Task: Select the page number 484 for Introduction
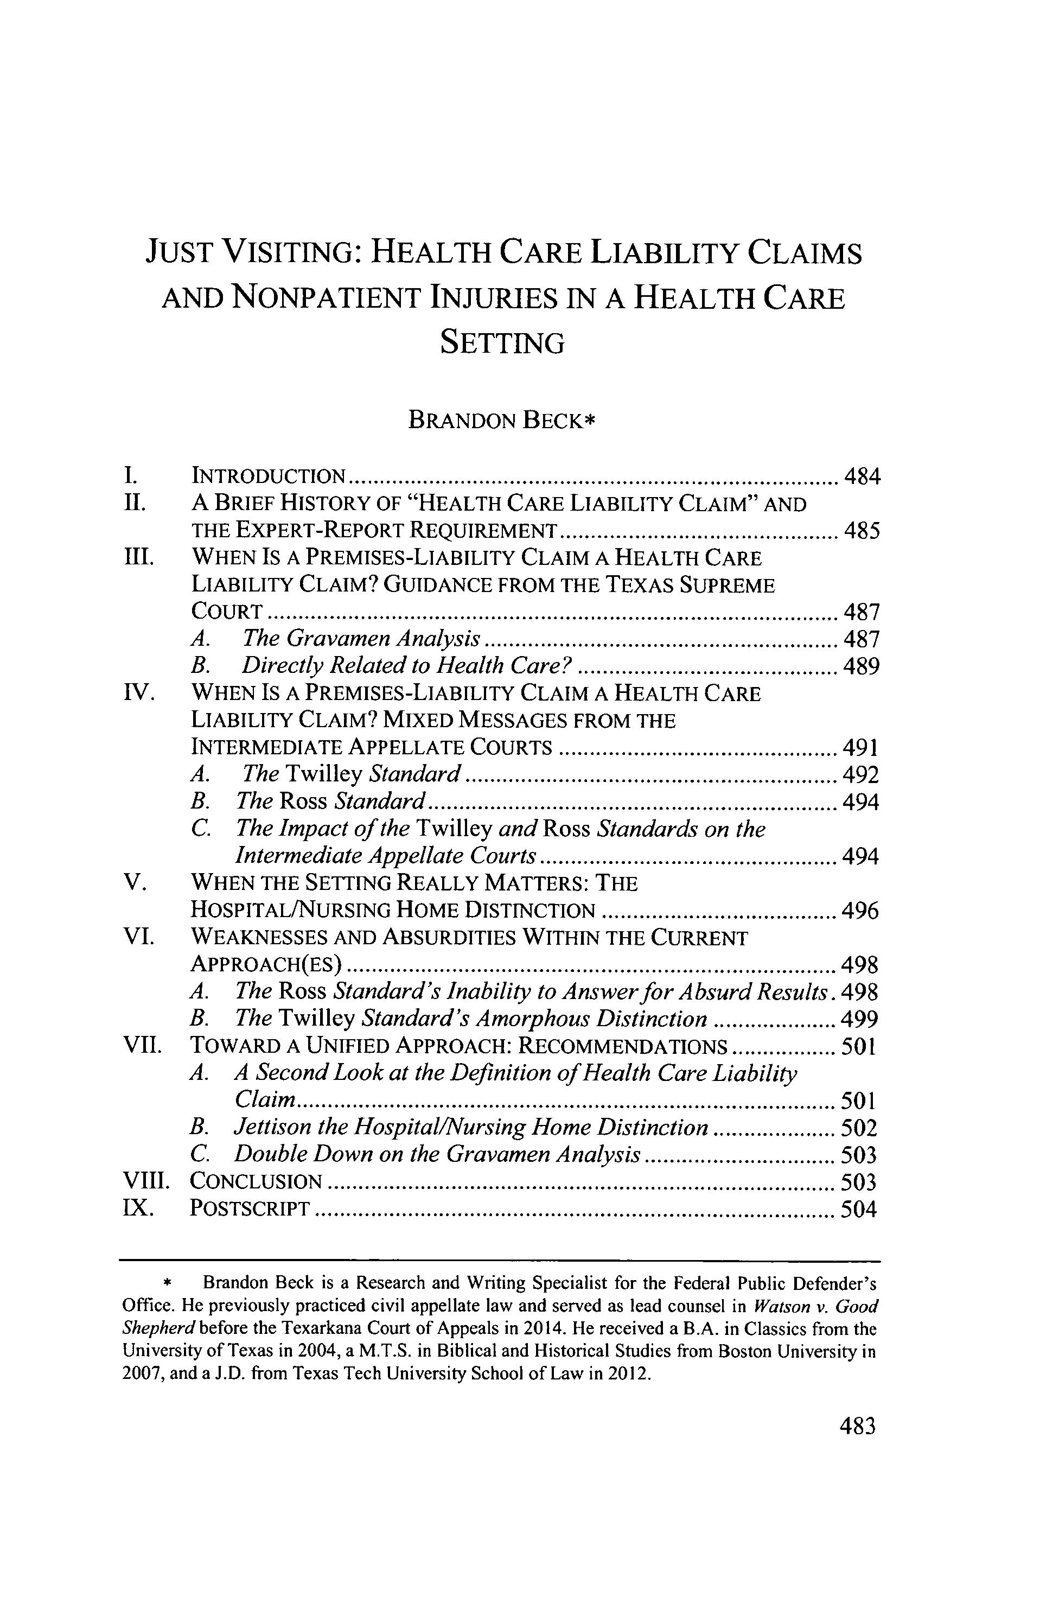[862, 476]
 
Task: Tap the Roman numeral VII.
[141, 1046]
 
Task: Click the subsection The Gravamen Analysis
[362, 639]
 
